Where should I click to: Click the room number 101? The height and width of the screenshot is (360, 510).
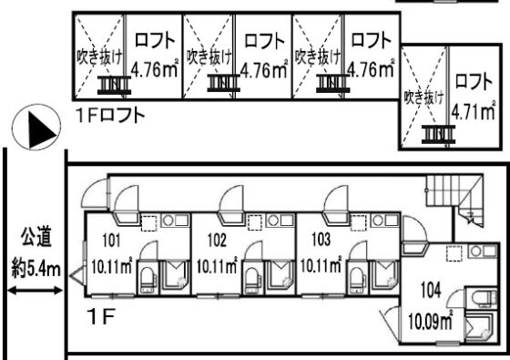[111, 241]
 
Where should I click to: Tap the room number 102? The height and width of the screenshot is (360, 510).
[217, 241]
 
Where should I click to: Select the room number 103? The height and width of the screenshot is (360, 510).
[321, 240]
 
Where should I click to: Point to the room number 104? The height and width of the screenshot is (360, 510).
[431, 290]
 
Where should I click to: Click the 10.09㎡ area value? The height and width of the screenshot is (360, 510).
[431, 320]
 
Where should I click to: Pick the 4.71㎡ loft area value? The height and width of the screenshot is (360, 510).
[474, 111]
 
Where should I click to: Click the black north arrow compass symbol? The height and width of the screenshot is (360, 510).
[36, 127]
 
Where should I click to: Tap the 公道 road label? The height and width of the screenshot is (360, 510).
[36, 238]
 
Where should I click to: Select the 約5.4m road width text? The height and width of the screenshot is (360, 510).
[36, 270]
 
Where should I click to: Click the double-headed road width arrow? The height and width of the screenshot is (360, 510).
[36, 290]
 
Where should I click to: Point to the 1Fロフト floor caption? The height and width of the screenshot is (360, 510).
[110, 115]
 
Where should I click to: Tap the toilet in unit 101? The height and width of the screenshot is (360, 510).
[148, 279]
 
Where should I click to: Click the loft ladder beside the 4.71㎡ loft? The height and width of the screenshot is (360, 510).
[438, 135]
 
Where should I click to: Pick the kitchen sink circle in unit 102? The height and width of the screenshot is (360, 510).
[273, 221]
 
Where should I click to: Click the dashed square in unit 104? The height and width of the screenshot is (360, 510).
[454, 253]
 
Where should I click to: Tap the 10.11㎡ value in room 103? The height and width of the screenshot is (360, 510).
[321, 265]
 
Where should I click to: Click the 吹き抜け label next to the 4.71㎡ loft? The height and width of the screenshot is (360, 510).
[423, 97]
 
